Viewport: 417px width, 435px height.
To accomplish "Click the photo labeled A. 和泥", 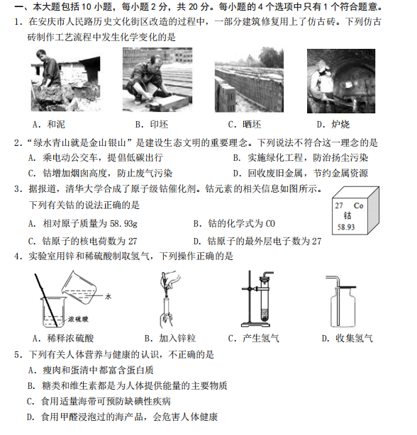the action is [x=66, y=79].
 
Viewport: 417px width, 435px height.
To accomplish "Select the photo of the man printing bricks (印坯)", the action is [x=157, y=79].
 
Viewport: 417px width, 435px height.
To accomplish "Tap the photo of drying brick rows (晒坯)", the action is [x=249, y=79].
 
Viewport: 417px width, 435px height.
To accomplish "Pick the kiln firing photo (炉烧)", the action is [x=341, y=81].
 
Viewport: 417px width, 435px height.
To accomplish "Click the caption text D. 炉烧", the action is [x=333, y=125].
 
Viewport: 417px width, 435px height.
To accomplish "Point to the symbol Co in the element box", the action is [x=358, y=205].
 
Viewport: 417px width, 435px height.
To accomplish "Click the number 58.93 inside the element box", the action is [x=346, y=227].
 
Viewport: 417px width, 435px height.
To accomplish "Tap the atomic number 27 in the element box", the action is [x=339, y=205].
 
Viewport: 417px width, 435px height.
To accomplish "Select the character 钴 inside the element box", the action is [x=347, y=215].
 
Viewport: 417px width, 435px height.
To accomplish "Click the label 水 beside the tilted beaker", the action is [x=108, y=297].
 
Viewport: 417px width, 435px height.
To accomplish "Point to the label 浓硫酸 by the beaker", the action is [x=78, y=319].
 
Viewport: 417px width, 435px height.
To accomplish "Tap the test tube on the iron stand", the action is [x=265, y=301].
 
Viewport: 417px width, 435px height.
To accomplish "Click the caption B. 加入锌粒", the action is [x=170, y=339].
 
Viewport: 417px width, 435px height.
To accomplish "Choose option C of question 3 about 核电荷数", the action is [x=82, y=241].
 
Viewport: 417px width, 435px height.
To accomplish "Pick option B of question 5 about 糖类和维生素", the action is [x=127, y=385].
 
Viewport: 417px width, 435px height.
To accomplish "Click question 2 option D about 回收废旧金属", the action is [x=301, y=174].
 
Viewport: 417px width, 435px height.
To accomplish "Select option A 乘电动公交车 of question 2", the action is [x=95, y=158].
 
